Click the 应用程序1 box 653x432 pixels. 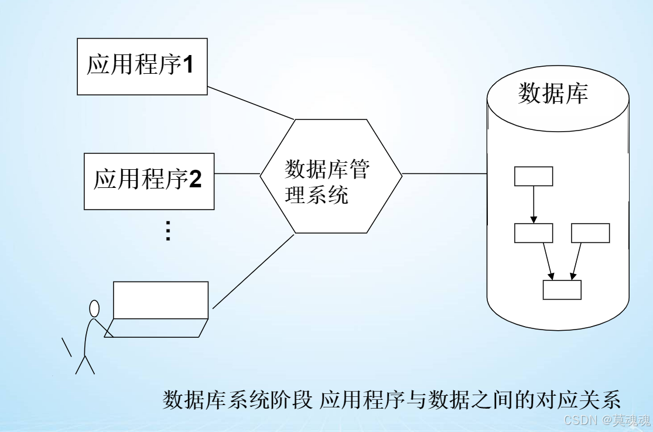click(142, 66)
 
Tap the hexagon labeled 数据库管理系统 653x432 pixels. click(331, 176)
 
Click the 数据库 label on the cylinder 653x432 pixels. click(553, 94)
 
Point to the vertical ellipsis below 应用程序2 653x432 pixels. click(167, 231)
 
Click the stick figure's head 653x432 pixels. click(94, 308)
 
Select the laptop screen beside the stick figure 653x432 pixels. click(161, 300)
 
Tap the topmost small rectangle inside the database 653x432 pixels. click(534, 176)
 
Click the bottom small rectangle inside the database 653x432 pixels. click(562, 290)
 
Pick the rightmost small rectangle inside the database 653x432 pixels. click(590, 233)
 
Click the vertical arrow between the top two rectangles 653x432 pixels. click(534, 204)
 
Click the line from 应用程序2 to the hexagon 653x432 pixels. click(237, 174)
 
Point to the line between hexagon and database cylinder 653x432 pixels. click(445, 174)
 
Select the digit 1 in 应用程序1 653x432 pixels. click(189, 65)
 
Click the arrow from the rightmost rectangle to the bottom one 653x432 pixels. click(576, 259)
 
